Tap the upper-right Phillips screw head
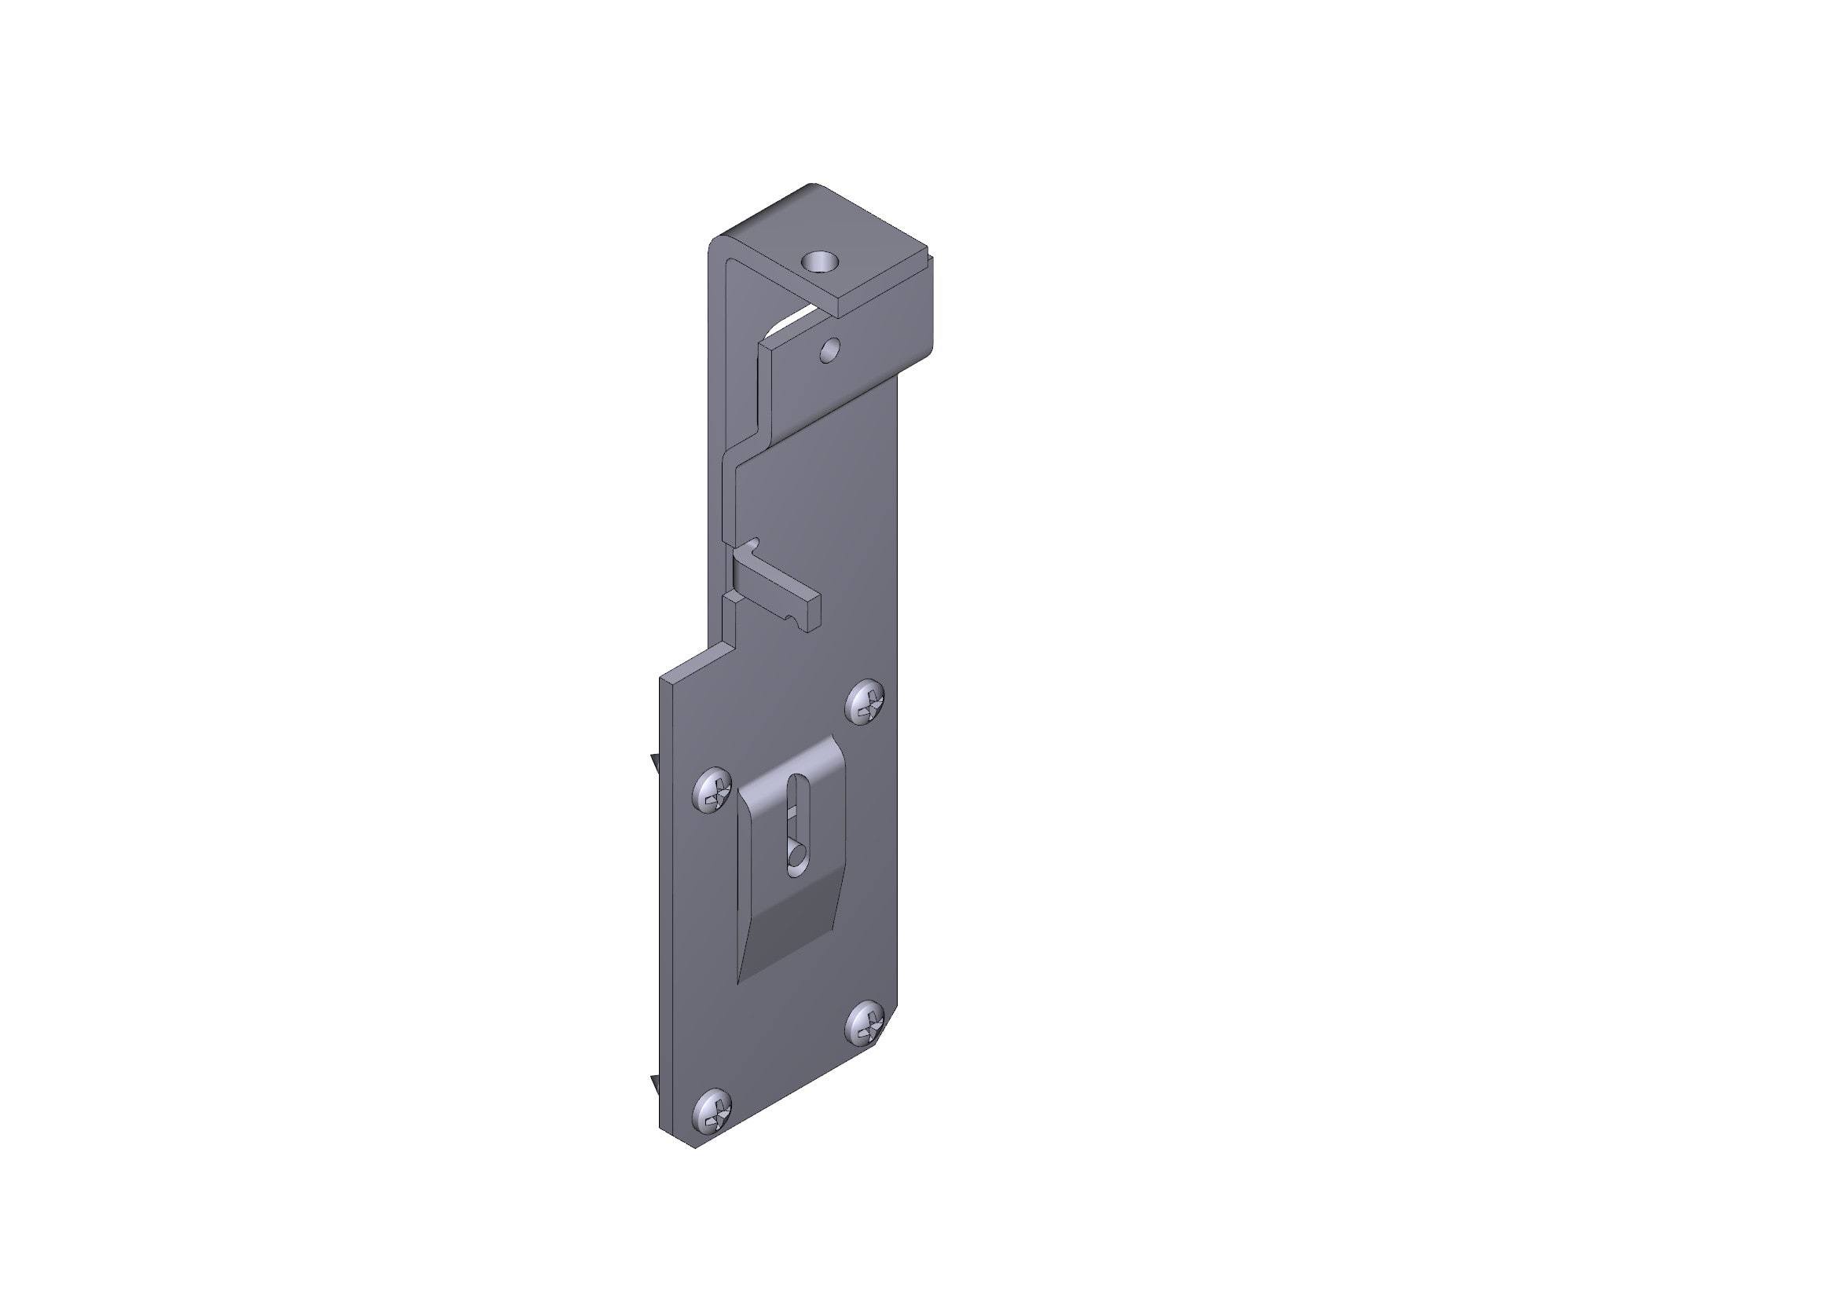coord(865,702)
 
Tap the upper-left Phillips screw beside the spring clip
coord(712,792)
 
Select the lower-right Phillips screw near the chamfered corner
coord(866,1024)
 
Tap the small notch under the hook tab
coord(792,618)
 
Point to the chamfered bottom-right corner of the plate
coord(886,1032)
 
